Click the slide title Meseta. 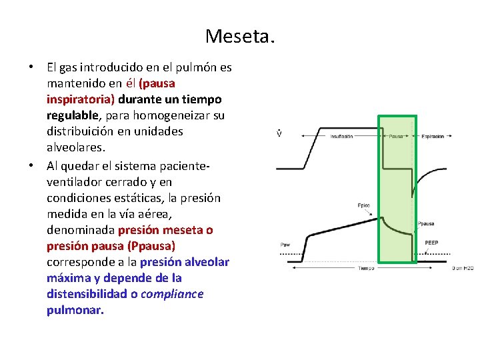pyautogui.click(x=240, y=35)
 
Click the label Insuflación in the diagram pyautogui.click(x=341, y=137)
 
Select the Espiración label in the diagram pyautogui.click(x=432, y=137)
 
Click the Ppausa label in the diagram pyautogui.click(x=427, y=223)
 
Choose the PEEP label pyautogui.click(x=431, y=243)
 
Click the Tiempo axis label pyautogui.click(x=365, y=268)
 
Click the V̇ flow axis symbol pyautogui.click(x=279, y=133)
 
